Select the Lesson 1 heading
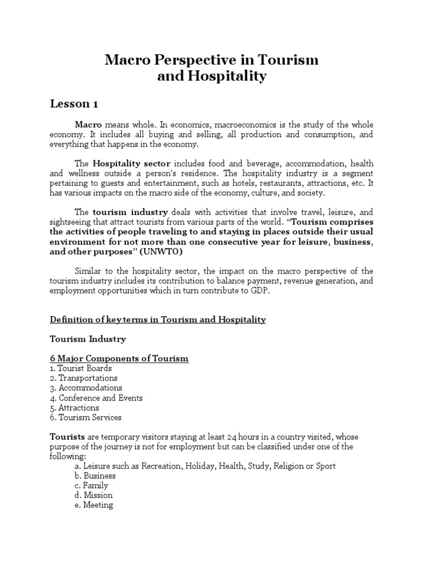click(75, 104)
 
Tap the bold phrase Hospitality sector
click(132, 164)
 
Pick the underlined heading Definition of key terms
click(158, 319)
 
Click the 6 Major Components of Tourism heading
click(119, 358)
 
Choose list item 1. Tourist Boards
click(81, 368)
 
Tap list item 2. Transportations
click(84, 378)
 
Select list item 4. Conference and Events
click(96, 398)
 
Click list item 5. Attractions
click(75, 407)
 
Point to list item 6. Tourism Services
click(86, 417)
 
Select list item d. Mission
click(94, 495)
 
